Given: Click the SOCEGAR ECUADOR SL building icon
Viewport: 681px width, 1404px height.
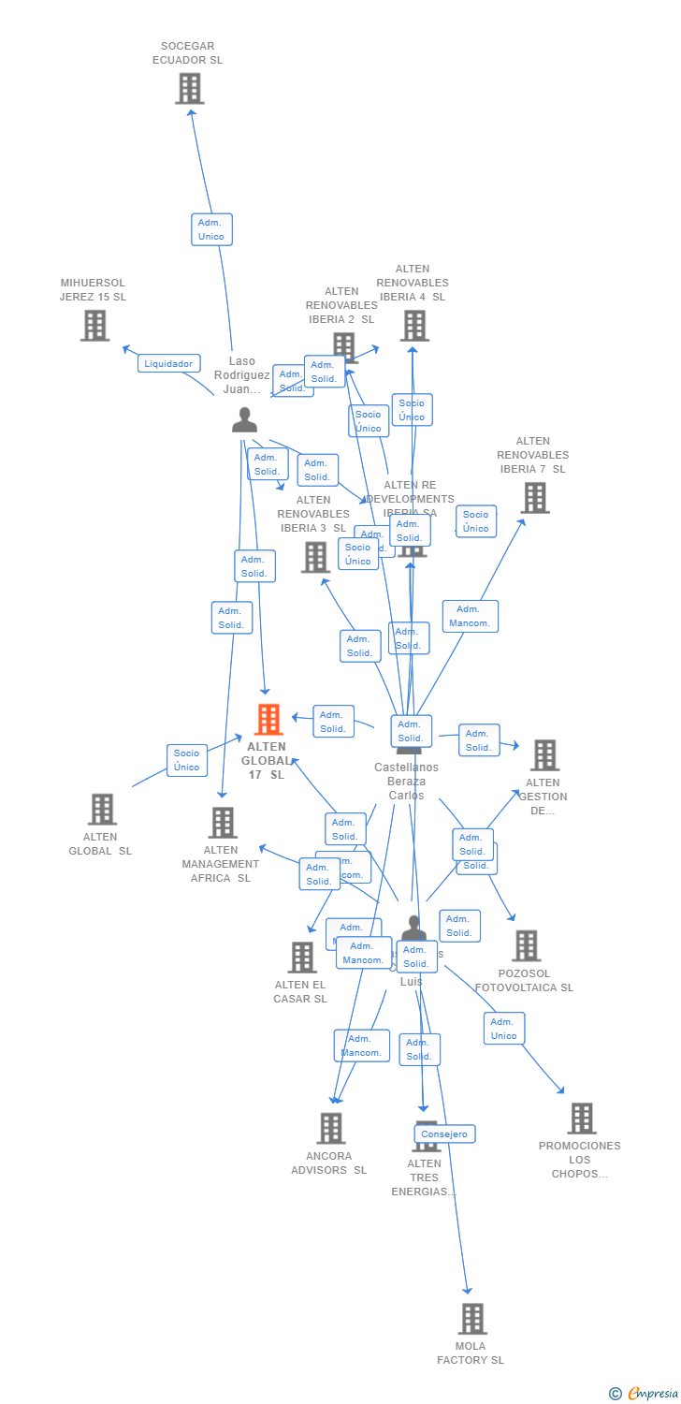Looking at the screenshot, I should click(x=190, y=89).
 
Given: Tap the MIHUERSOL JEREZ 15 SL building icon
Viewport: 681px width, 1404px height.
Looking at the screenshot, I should click(x=94, y=326).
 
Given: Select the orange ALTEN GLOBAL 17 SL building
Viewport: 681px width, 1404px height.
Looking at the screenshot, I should click(x=268, y=720).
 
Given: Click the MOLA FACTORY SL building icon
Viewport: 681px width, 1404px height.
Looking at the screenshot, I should click(x=472, y=1319).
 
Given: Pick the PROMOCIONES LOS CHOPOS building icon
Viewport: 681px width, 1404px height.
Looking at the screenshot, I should click(x=582, y=1119).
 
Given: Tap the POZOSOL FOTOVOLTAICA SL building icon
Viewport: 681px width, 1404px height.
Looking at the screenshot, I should click(x=526, y=946).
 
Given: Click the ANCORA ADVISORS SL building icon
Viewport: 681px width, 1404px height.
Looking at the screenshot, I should click(x=330, y=1129).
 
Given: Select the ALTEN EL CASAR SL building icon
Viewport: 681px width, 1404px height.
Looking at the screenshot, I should click(x=302, y=958).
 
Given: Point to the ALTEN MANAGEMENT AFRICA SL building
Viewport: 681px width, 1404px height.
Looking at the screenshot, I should click(x=223, y=823).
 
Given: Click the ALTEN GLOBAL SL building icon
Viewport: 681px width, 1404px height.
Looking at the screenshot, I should click(x=101, y=810).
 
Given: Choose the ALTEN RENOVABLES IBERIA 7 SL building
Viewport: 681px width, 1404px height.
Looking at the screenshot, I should click(x=534, y=498).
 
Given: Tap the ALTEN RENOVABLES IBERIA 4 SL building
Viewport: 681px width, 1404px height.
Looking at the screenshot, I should click(x=414, y=326).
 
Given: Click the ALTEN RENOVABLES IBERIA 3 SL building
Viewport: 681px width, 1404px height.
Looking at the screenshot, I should click(x=315, y=557).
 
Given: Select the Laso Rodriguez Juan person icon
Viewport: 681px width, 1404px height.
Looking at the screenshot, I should click(x=244, y=420).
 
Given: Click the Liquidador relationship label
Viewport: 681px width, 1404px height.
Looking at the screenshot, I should click(x=168, y=363).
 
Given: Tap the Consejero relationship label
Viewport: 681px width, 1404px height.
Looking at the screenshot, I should click(x=443, y=1134).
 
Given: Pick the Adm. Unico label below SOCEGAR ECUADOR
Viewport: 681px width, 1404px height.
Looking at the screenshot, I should click(x=211, y=229).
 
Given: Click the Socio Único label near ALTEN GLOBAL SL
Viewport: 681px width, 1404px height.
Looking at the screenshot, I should click(x=186, y=760).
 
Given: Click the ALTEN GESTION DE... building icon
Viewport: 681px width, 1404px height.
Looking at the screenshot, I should click(x=544, y=755).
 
